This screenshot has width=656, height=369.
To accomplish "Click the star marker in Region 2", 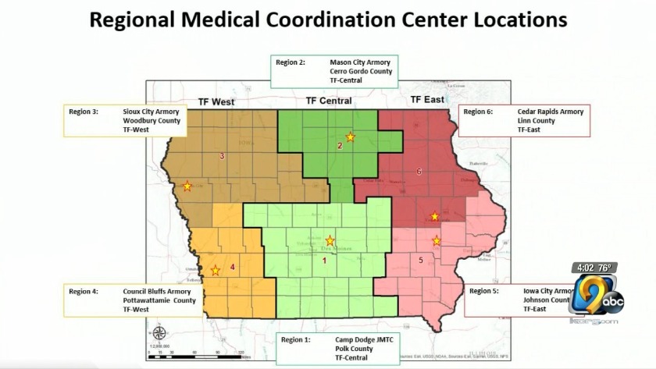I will pyautogui.click(x=350, y=137).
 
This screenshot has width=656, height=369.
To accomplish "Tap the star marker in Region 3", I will pyautogui.click(x=187, y=186).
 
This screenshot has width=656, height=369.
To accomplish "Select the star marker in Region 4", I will pyautogui.click(x=216, y=271).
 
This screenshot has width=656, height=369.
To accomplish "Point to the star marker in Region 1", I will pyautogui.click(x=330, y=241).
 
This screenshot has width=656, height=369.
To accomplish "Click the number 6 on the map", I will pyautogui.click(x=419, y=171).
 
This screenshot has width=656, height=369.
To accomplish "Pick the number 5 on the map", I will pyautogui.click(x=421, y=261).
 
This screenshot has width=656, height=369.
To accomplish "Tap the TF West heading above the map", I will pyautogui.click(x=211, y=102).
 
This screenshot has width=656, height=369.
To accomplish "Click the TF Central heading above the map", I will pyautogui.click(x=328, y=101).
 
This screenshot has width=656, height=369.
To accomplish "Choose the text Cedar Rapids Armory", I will pyautogui.click(x=550, y=112).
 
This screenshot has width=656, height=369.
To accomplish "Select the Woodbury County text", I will pyautogui.click(x=152, y=121).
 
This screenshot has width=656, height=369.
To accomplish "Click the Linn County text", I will pyautogui.click(x=536, y=121).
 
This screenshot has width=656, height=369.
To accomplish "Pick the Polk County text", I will pyautogui.click(x=354, y=349).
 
